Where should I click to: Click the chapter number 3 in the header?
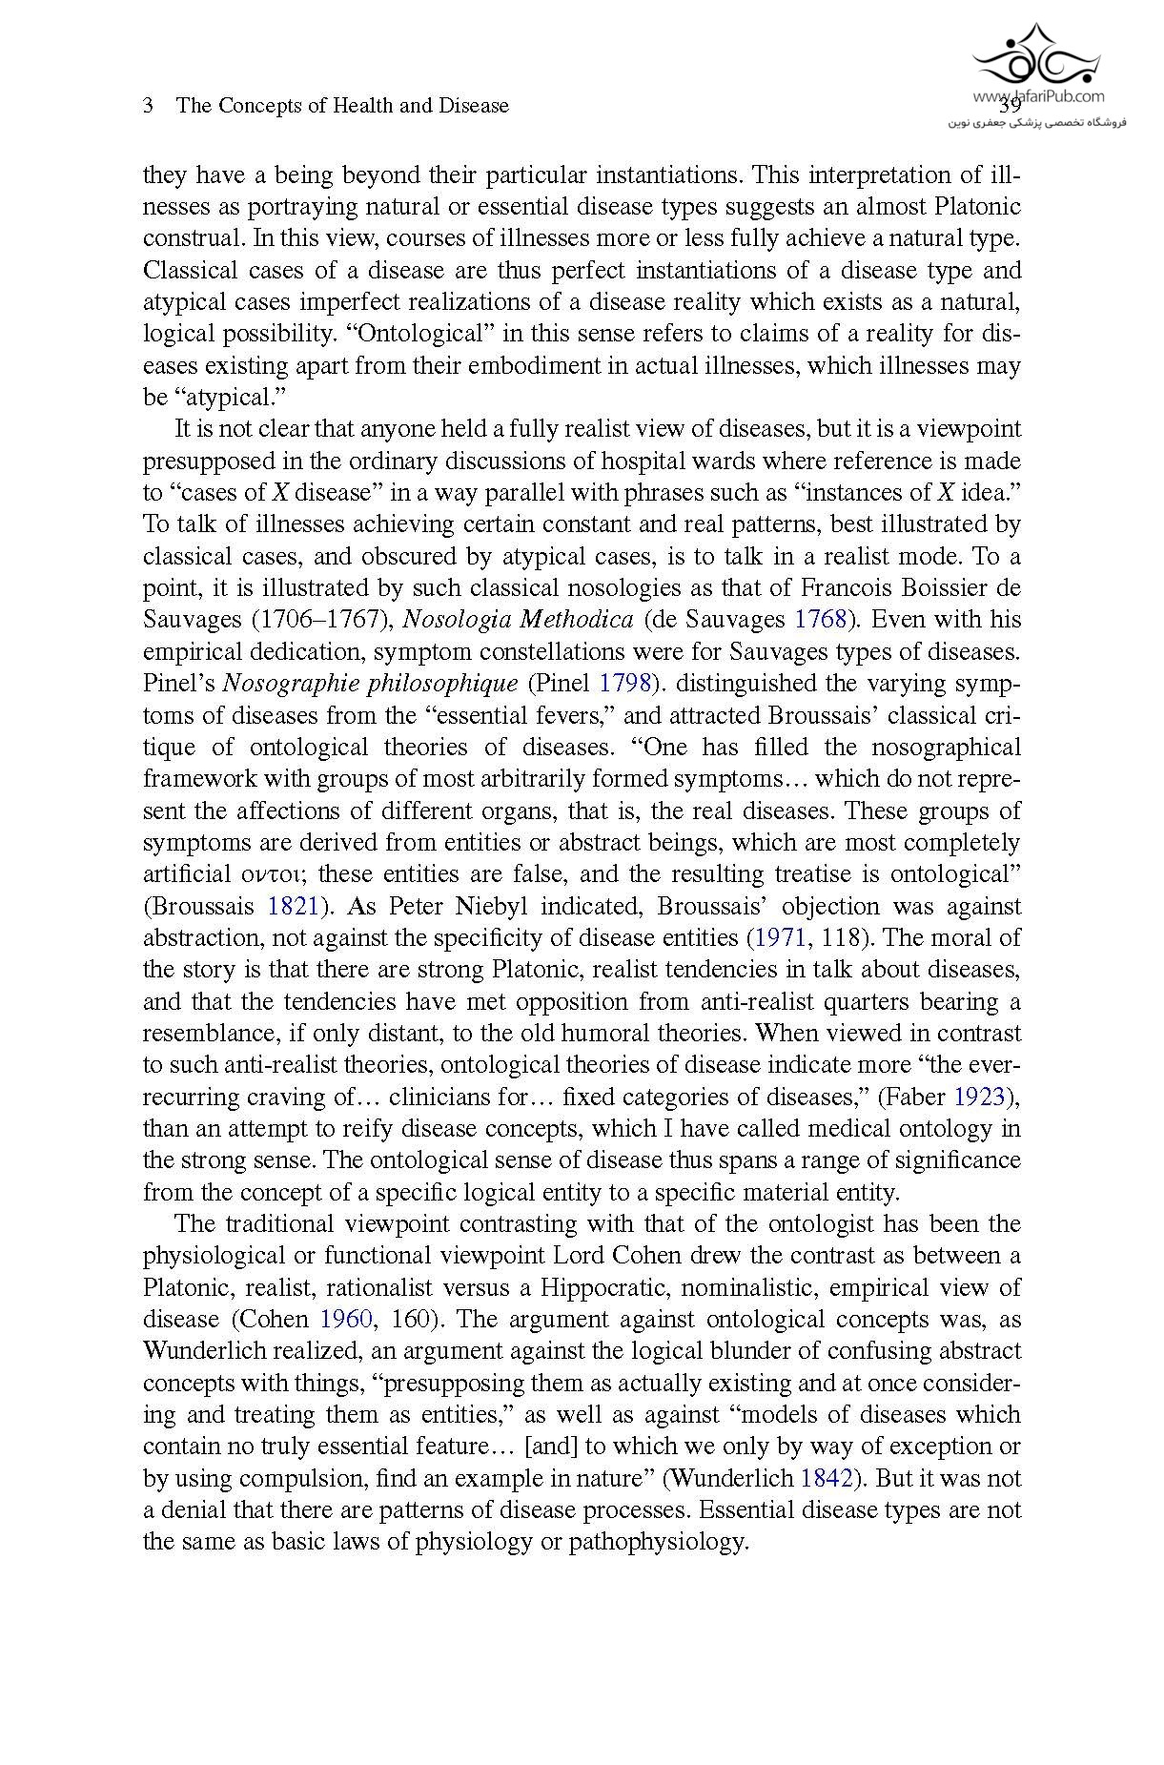149,106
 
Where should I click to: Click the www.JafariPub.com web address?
1038,96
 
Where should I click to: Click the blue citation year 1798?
624,684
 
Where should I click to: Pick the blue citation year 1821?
293,906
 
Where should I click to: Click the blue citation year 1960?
345,1320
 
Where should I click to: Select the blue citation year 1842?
827,1479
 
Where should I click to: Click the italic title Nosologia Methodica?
518,620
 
